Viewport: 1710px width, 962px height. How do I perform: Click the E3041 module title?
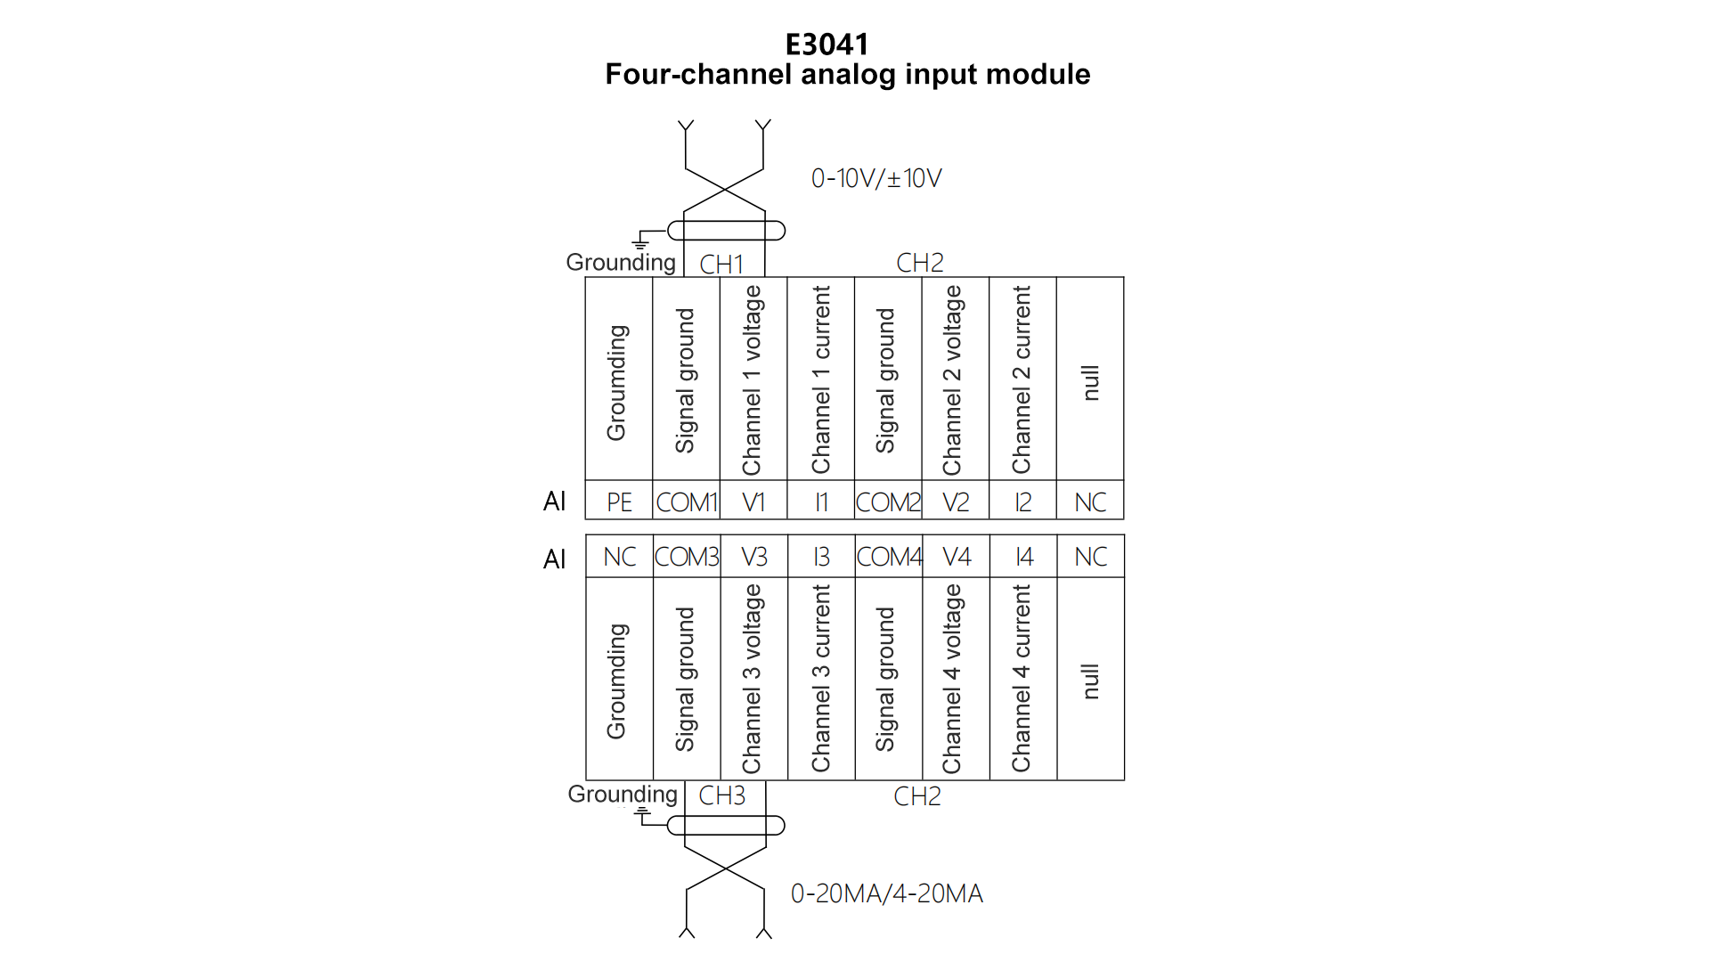(x=826, y=45)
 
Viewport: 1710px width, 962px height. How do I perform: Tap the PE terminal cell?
(x=619, y=502)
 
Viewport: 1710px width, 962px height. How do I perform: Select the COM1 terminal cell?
(x=687, y=502)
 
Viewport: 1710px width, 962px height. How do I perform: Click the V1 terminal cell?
(x=753, y=502)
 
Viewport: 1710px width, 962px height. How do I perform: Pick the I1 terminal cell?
(x=821, y=502)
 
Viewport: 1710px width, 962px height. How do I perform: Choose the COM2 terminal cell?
(x=888, y=502)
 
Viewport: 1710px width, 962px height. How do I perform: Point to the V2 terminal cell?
(x=956, y=502)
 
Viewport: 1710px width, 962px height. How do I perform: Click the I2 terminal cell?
(x=1023, y=502)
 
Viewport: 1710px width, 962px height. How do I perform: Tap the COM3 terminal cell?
(x=687, y=557)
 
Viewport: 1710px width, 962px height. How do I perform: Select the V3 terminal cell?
(x=753, y=557)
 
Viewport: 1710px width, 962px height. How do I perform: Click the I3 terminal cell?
(x=821, y=557)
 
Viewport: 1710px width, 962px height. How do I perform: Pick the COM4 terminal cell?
(x=889, y=557)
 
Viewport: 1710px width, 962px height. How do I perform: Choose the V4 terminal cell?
(x=957, y=557)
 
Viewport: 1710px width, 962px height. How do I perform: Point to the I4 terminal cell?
(x=1024, y=557)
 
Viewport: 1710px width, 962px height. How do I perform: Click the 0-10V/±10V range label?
(x=876, y=178)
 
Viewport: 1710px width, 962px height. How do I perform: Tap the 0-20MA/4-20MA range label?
(x=887, y=893)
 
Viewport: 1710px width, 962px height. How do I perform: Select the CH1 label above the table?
(x=721, y=265)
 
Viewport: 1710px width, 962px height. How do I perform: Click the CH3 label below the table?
(x=721, y=795)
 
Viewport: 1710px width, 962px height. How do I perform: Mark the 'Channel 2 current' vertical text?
(x=1022, y=379)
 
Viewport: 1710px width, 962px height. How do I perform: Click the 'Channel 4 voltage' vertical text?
(x=953, y=679)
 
